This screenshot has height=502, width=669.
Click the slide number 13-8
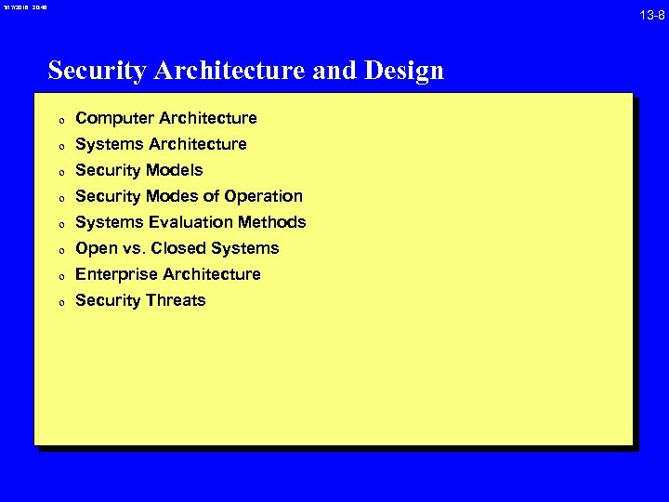point(652,15)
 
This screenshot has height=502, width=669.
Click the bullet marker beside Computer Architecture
point(59,120)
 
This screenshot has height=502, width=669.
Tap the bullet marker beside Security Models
point(59,172)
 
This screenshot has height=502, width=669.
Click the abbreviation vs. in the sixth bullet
point(134,248)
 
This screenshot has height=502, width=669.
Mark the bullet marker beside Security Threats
point(59,302)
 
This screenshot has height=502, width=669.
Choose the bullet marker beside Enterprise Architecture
point(59,276)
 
